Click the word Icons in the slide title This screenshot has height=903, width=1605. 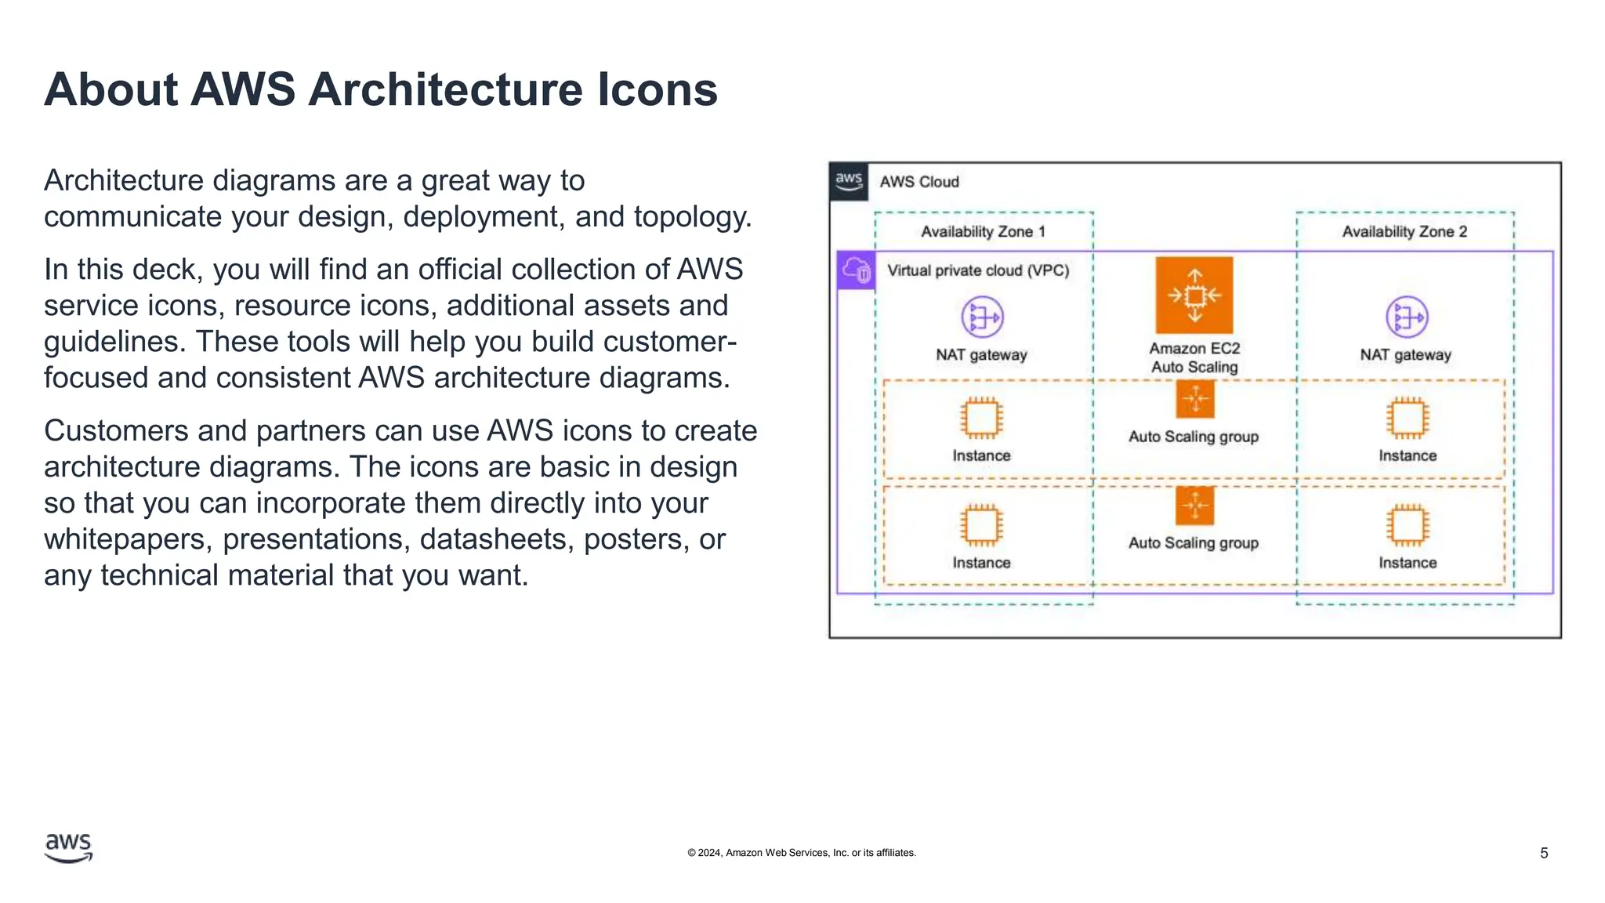pos(657,89)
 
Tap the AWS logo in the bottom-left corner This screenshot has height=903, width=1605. pos(68,848)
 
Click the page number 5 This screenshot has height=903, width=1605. pos(1543,853)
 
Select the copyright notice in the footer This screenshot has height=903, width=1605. pos(801,853)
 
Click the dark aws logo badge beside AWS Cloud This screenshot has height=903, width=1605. pos(849,182)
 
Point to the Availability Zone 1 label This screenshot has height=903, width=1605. pos(983,232)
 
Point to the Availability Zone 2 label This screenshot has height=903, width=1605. pos(1404,232)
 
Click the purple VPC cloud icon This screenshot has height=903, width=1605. pos(856,271)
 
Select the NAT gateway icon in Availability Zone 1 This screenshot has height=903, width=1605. pos(982,317)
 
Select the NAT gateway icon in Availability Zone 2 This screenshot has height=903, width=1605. pos(1407,317)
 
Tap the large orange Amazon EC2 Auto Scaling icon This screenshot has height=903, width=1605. pos(1194,296)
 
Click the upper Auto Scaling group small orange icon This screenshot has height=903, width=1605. pos(1194,400)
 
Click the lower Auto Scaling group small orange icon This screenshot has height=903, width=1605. pos(1194,506)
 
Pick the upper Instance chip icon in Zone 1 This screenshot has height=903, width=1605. pos(981,418)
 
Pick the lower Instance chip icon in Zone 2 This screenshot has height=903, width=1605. pos(1408,525)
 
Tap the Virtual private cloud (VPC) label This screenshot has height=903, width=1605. pos(978,271)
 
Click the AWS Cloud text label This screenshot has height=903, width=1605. pos(919,182)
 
